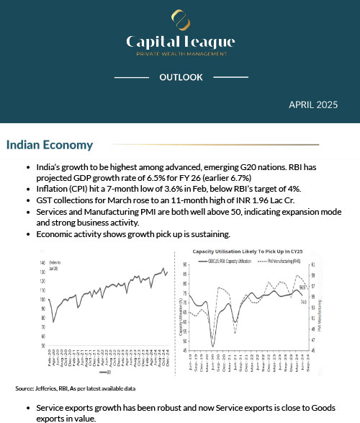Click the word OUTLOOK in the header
(x=181, y=77)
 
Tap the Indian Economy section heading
(x=50, y=145)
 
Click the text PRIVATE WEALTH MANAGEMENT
(x=180, y=54)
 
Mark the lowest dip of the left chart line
(x=54, y=321)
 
